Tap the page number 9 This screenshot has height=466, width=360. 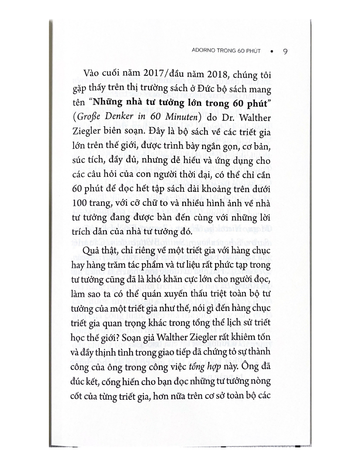click(x=285, y=51)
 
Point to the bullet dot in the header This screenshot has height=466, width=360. click(x=272, y=51)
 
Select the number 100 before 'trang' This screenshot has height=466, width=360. click(x=80, y=204)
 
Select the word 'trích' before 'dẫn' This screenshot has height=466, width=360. click(x=81, y=232)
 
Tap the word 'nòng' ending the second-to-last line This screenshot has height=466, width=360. click(x=261, y=381)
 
